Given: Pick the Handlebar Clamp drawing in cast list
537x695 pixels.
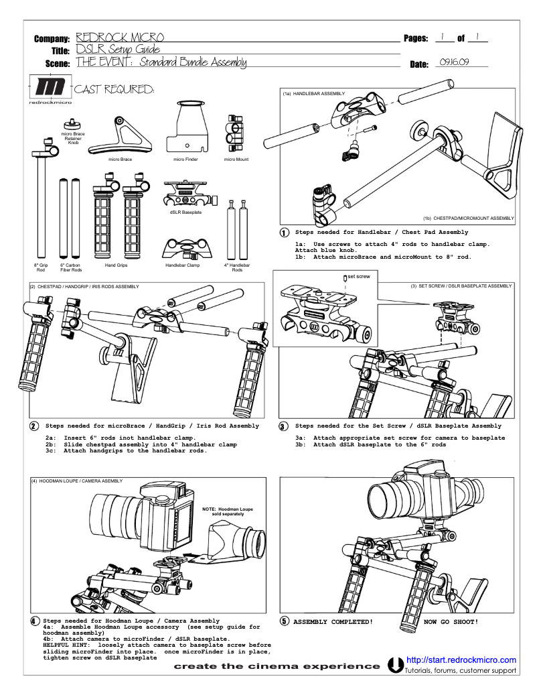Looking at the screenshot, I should (x=183, y=248).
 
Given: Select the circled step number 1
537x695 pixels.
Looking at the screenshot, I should (x=284, y=233).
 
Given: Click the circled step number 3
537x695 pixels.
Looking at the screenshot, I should (x=283, y=426).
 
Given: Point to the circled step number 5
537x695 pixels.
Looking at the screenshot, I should (x=284, y=621).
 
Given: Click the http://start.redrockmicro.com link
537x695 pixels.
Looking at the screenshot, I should (x=461, y=659).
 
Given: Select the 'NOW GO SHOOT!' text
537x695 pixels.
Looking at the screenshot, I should (x=451, y=622).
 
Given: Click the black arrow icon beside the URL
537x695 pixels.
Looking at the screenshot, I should (x=396, y=666).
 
